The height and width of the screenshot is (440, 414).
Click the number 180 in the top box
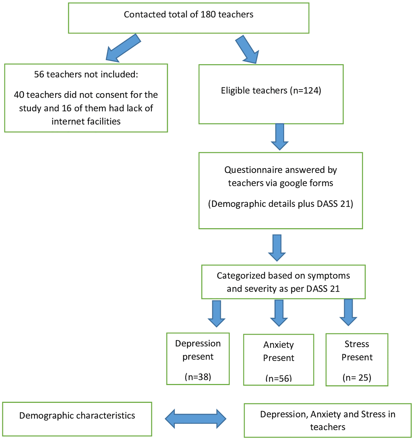(x=208, y=15)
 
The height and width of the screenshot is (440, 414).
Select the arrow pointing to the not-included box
(x=123, y=48)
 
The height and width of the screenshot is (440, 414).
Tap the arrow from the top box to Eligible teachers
(x=247, y=49)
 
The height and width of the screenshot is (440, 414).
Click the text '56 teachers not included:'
(x=86, y=74)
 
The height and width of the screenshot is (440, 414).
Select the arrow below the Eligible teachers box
(x=280, y=137)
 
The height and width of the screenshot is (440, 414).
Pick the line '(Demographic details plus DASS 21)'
(x=281, y=204)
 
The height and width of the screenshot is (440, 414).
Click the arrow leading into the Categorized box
(x=277, y=248)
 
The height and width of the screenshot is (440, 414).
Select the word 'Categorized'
(x=241, y=276)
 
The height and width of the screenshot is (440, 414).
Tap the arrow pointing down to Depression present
(x=217, y=314)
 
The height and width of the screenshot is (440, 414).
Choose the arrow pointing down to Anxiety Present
(x=279, y=313)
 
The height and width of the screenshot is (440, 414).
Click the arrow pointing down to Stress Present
(x=348, y=312)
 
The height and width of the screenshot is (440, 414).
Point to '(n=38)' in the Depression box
(x=198, y=377)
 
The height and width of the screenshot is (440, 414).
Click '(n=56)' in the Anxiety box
(x=279, y=378)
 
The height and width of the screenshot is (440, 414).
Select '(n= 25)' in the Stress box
(x=357, y=377)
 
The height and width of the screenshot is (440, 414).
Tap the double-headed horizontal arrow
(x=195, y=419)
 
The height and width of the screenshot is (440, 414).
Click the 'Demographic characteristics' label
(x=77, y=415)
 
